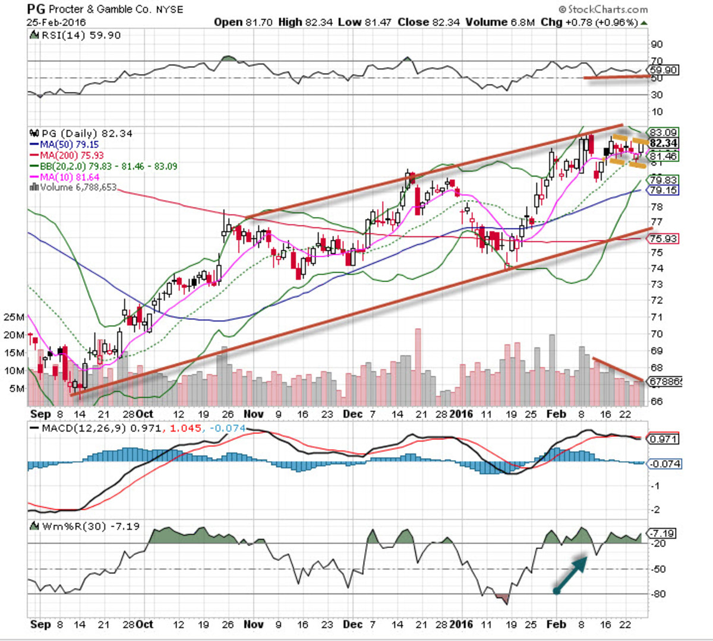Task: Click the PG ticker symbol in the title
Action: (x=36, y=9)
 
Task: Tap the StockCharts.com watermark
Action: (x=602, y=9)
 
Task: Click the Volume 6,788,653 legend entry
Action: (x=74, y=188)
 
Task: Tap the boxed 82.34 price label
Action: (x=663, y=144)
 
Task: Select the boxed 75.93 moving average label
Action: (x=663, y=239)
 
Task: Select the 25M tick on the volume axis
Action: (x=14, y=317)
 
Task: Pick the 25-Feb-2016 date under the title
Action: (x=56, y=23)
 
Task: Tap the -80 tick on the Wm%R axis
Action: (x=658, y=594)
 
